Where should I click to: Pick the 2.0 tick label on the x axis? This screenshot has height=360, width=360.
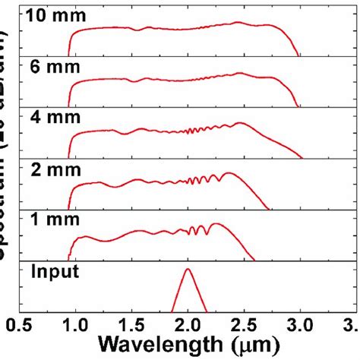[x=188, y=327]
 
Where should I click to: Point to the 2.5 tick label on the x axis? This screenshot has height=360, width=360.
[x=245, y=327]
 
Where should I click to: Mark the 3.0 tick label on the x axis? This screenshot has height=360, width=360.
[x=301, y=327]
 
